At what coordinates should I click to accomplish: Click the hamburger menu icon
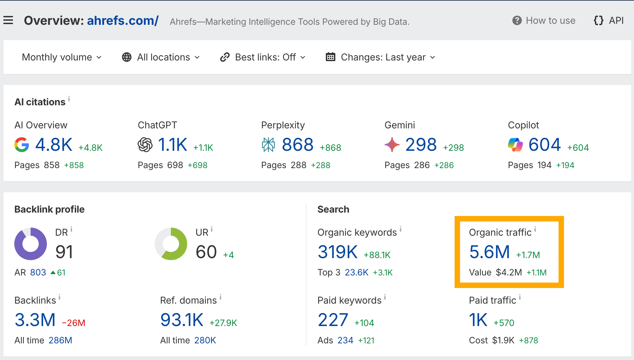click(8, 20)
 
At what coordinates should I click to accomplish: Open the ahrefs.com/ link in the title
click(123, 21)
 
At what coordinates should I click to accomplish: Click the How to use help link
click(544, 21)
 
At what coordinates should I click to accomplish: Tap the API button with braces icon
click(609, 21)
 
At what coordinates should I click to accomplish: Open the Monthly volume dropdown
click(61, 57)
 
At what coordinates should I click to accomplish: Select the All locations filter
click(161, 57)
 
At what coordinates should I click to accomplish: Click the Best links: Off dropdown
click(263, 57)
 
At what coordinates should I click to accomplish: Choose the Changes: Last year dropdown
click(380, 57)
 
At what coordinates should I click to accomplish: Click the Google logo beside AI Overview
click(22, 145)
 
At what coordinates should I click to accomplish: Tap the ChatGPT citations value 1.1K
click(173, 145)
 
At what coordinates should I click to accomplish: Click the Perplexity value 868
click(297, 145)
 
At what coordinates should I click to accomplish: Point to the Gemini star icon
click(392, 145)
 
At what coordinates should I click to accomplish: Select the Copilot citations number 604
click(544, 145)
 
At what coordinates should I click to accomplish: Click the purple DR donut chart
click(31, 244)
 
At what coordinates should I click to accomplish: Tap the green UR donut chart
click(171, 244)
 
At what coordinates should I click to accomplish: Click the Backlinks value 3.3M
click(35, 320)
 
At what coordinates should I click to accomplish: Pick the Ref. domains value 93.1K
click(182, 320)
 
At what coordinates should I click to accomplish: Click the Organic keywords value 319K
click(337, 252)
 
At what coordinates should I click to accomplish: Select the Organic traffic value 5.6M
click(489, 252)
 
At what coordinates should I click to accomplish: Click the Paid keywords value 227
click(333, 320)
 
